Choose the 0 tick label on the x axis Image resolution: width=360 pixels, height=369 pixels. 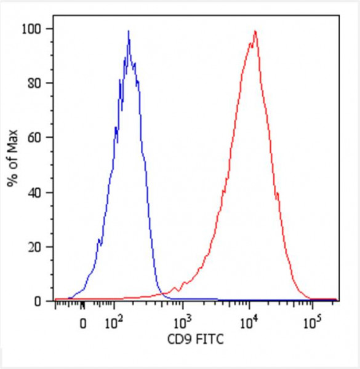click(83, 322)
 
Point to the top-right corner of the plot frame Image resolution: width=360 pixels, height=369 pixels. click(338, 17)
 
